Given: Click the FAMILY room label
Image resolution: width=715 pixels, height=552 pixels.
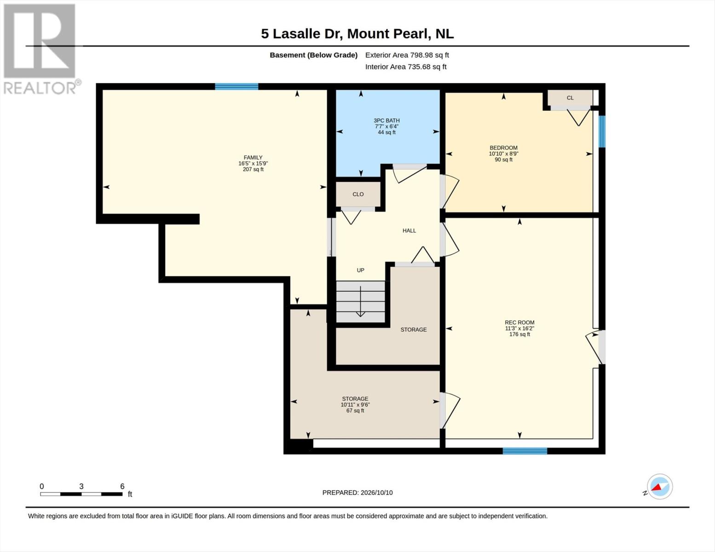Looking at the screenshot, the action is [x=253, y=158].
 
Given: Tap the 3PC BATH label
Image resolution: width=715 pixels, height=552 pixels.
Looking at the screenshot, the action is [x=386, y=121].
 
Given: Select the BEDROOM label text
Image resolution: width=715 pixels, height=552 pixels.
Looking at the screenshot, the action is [x=503, y=148].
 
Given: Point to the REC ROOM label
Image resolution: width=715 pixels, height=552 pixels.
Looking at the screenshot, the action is [x=519, y=322].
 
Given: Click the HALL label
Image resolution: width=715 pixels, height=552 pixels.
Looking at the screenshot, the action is [x=409, y=230].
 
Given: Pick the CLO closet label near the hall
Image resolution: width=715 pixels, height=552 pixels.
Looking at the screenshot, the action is [x=358, y=194].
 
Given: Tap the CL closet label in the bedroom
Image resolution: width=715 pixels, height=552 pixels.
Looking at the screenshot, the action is [x=570, y=98].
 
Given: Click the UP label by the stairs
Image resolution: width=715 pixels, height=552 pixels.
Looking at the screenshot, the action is [x=361, y=270].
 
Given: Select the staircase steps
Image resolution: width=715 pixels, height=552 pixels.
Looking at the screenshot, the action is [x=360, y=302].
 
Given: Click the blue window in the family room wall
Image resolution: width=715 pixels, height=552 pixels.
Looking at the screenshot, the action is [x=236, y=86].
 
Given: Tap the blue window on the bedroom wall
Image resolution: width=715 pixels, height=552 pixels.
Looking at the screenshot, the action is [x=602, y=132].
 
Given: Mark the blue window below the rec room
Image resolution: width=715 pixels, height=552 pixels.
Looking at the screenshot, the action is [x=525, y=451].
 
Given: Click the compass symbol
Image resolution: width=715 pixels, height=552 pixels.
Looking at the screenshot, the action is [x=659, y=487].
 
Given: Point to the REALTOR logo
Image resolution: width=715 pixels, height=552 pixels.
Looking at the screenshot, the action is [x=40, y=49].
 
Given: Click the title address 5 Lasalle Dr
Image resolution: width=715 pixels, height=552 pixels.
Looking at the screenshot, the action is [x=302, y=34].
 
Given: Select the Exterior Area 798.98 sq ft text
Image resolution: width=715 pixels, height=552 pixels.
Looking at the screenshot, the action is [x=407, y=55].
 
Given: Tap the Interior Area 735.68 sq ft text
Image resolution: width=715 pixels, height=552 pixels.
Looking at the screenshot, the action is [x=406, y=67].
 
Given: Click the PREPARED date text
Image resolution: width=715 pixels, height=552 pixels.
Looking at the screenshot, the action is [x=357, y=493].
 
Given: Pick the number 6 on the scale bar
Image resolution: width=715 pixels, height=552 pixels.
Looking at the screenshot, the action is [x=122, y=486].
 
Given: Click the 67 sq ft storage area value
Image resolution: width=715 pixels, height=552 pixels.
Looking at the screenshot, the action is [x=355, y=410].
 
